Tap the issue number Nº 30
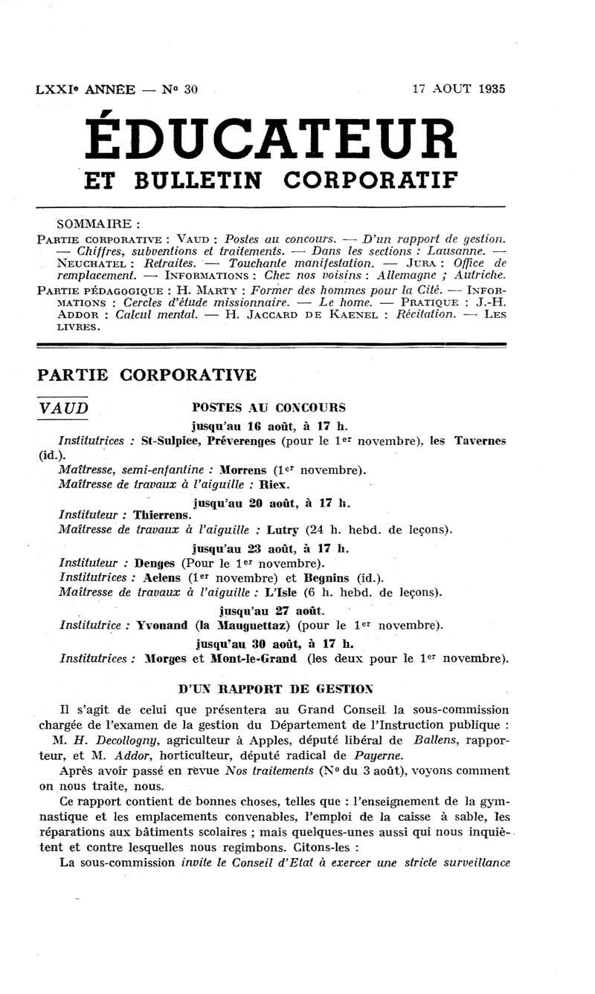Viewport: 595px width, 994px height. click(x=181, y=90)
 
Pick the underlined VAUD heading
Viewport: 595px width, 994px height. click(x=62, y=408)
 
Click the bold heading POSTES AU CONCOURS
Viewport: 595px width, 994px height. click(x=268, y=408)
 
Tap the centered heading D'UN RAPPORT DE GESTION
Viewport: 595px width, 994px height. click(x=275, y=689)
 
